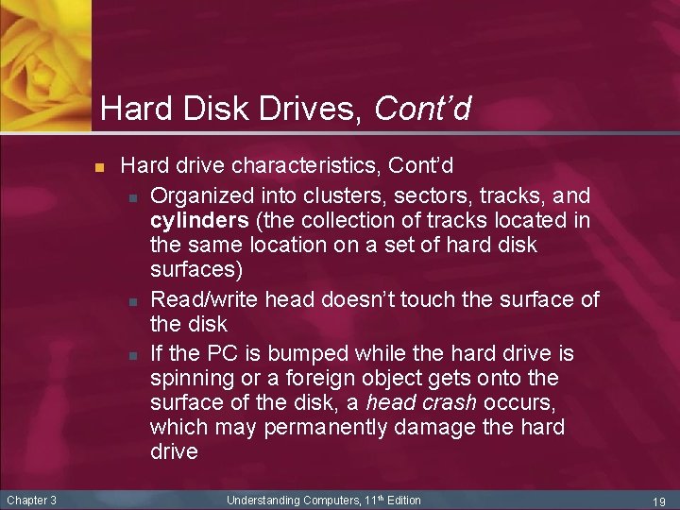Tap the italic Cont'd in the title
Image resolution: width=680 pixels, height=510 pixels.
pyautogui.click(x=422, y=110)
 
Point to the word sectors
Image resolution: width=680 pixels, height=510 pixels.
pyautogui.click(x=410, y=195)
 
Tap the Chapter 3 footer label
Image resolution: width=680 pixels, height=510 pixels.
pyautogui.click(x=31, y=500)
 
